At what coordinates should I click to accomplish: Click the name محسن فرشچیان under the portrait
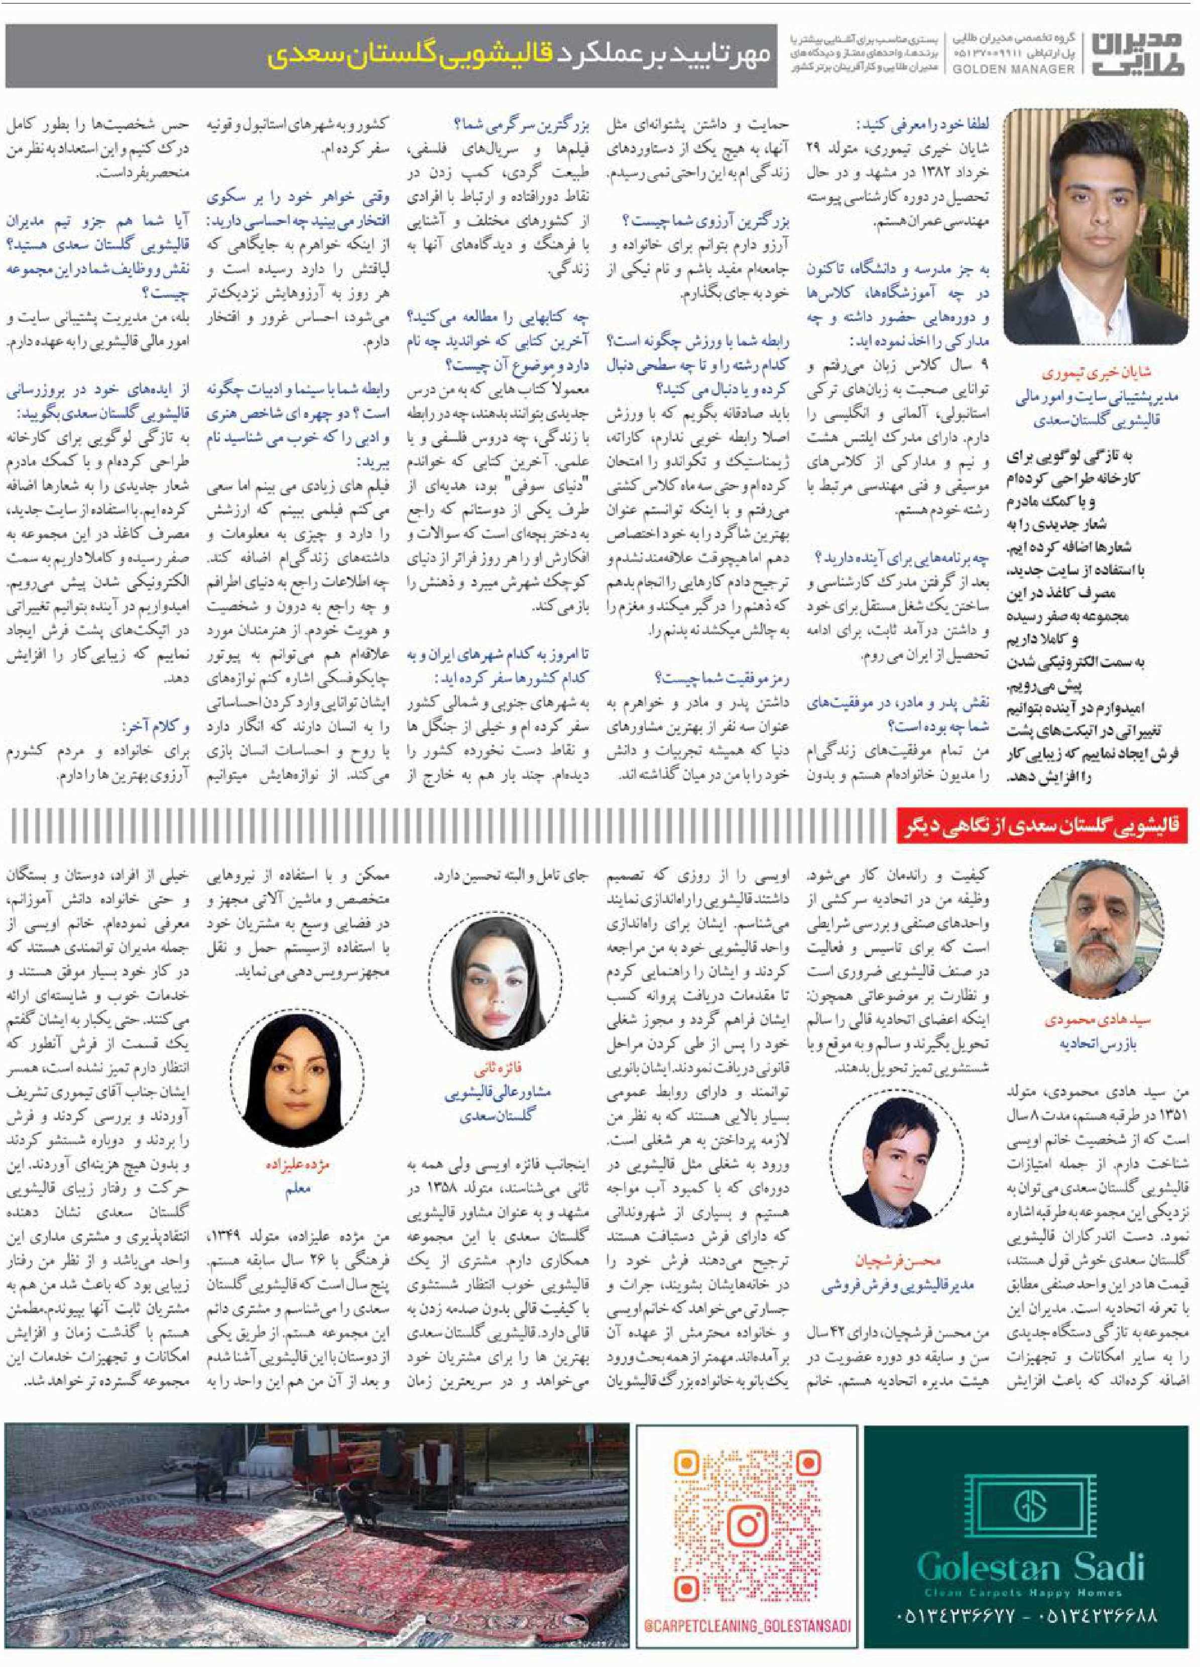(897, 1261)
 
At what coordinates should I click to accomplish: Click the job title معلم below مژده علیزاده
(298, 1190)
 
